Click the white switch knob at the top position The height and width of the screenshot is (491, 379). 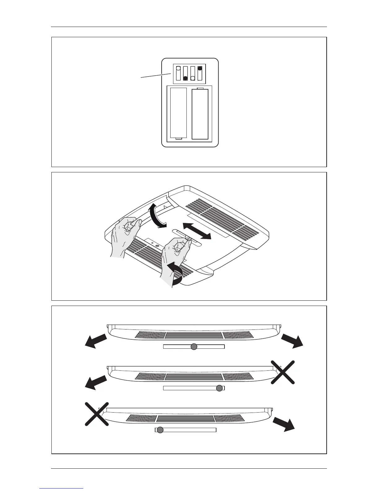point(178,69)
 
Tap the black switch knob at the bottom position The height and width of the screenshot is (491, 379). point(185,78)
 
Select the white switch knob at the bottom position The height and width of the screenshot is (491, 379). point(193,78)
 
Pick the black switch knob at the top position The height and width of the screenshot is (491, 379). point(200,68)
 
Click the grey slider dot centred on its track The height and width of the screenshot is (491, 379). point(194,347)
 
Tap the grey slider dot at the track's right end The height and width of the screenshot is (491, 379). point(219,388)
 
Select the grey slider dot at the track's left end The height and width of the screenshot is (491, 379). point(160,430)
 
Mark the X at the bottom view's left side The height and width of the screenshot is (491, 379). point(97,414)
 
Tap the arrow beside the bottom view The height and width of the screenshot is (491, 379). point(284,424)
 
